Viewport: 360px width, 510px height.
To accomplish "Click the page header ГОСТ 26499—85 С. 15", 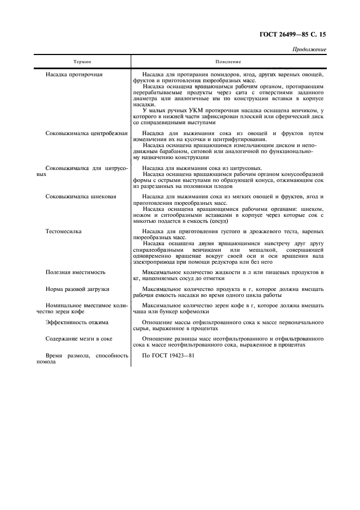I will [x=292, y=34].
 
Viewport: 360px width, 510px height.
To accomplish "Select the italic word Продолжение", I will [x=310, y=49].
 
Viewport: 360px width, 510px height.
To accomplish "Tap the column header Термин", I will [x=83, y=62].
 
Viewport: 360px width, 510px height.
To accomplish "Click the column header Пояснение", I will [x=228, y=62].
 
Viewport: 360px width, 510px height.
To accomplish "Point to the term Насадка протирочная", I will [x=74, y=74].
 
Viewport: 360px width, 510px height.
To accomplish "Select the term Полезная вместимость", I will [x=76, y=271].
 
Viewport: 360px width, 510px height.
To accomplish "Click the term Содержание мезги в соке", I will [x=79, y=338].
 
